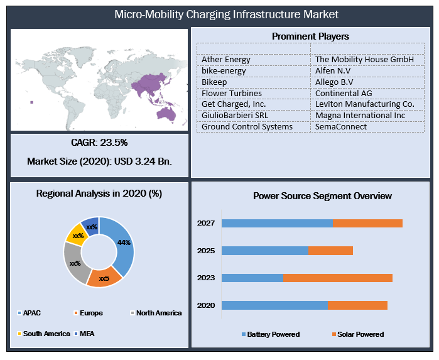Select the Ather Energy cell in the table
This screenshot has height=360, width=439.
[226, 60]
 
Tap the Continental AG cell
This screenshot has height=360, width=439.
[344, 93]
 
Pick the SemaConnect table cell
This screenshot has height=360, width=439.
[342, 126]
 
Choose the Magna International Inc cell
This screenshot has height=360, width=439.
[360, 115]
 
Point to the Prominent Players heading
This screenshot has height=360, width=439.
[310, 36]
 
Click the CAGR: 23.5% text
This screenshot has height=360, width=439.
[99, 143]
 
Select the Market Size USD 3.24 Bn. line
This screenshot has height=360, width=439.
[99, 161]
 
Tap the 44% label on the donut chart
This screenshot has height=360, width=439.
[124, 243]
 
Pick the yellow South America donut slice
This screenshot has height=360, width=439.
[75, 233]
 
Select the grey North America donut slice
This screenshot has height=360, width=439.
[74, 263]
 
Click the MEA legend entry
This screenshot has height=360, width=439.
[88, 333]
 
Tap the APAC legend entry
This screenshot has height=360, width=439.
[31, 312]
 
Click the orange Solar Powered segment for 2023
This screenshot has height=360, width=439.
[338, 278]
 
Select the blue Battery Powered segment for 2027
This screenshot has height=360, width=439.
[277, 223]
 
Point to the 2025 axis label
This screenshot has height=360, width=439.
[205, 251]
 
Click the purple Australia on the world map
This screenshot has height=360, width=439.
[166, 113]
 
